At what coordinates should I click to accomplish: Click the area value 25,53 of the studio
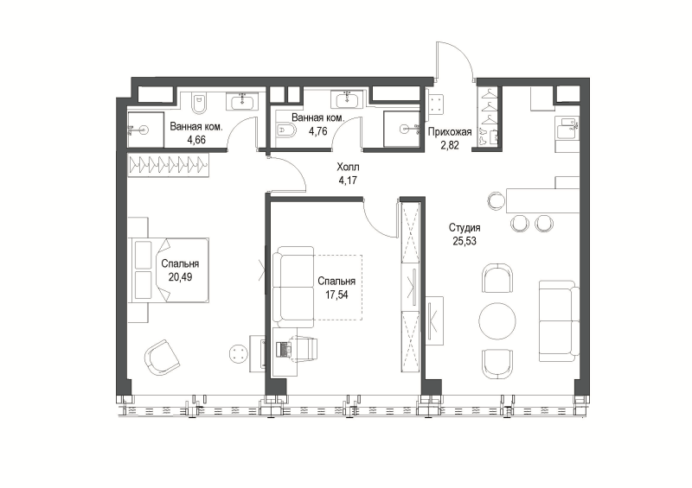465,241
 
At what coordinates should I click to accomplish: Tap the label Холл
348,167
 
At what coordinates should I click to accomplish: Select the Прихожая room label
450,132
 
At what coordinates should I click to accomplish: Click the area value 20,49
180,277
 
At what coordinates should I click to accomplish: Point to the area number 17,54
336,295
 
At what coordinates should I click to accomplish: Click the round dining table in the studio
497,321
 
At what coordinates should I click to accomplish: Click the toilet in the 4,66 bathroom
199,104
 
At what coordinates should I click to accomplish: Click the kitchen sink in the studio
567,129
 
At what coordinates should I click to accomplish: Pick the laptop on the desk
284,349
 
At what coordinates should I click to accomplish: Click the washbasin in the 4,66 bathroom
241,102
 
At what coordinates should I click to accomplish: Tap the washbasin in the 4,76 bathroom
349,99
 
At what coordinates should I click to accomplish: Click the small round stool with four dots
239,352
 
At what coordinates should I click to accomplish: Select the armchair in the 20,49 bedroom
162,358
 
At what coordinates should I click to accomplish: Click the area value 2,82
450,145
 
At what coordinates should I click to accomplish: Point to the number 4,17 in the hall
348,180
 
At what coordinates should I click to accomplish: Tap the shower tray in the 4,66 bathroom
145,130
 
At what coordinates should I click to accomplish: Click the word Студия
465,228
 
